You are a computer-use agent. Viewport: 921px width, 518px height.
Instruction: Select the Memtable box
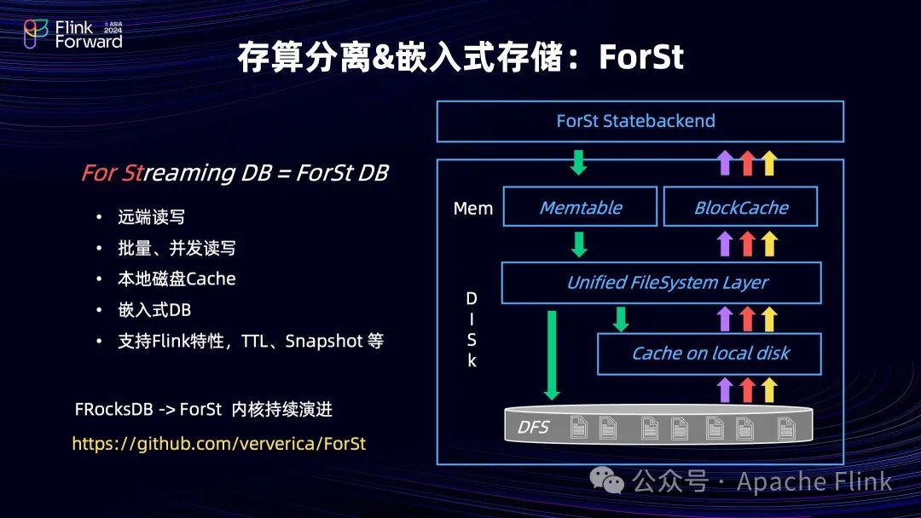(x=580, y=207)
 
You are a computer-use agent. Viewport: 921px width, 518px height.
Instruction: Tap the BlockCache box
(x=740, y=207)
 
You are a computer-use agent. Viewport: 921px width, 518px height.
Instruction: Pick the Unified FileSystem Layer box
(x=661, y=283)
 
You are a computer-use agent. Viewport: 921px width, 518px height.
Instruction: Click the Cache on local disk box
(x=710, y=354)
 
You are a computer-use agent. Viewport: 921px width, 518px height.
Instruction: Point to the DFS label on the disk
(x=533, y=427)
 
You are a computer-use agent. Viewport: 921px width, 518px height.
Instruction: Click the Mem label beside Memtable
(x=473, y=208)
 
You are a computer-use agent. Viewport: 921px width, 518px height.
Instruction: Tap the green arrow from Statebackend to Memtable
(x=578, y=161)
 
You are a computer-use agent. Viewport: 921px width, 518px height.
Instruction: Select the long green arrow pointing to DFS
(x=552, y=354)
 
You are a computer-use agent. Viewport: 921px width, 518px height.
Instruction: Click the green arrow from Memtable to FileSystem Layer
(x=578, y=244)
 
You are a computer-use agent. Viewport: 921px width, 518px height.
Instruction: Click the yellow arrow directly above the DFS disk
(x=769, y=389)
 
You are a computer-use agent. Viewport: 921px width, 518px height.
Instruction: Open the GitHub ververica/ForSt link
(x=218, y=444)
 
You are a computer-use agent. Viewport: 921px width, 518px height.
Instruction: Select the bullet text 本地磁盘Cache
(x=177, y=279)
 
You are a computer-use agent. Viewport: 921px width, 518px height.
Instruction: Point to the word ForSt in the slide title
(x=641, y=57)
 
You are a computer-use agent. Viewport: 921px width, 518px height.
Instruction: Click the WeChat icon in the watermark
(x=612, y=483)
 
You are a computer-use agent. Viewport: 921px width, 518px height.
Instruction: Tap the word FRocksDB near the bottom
(x=113, y=410)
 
